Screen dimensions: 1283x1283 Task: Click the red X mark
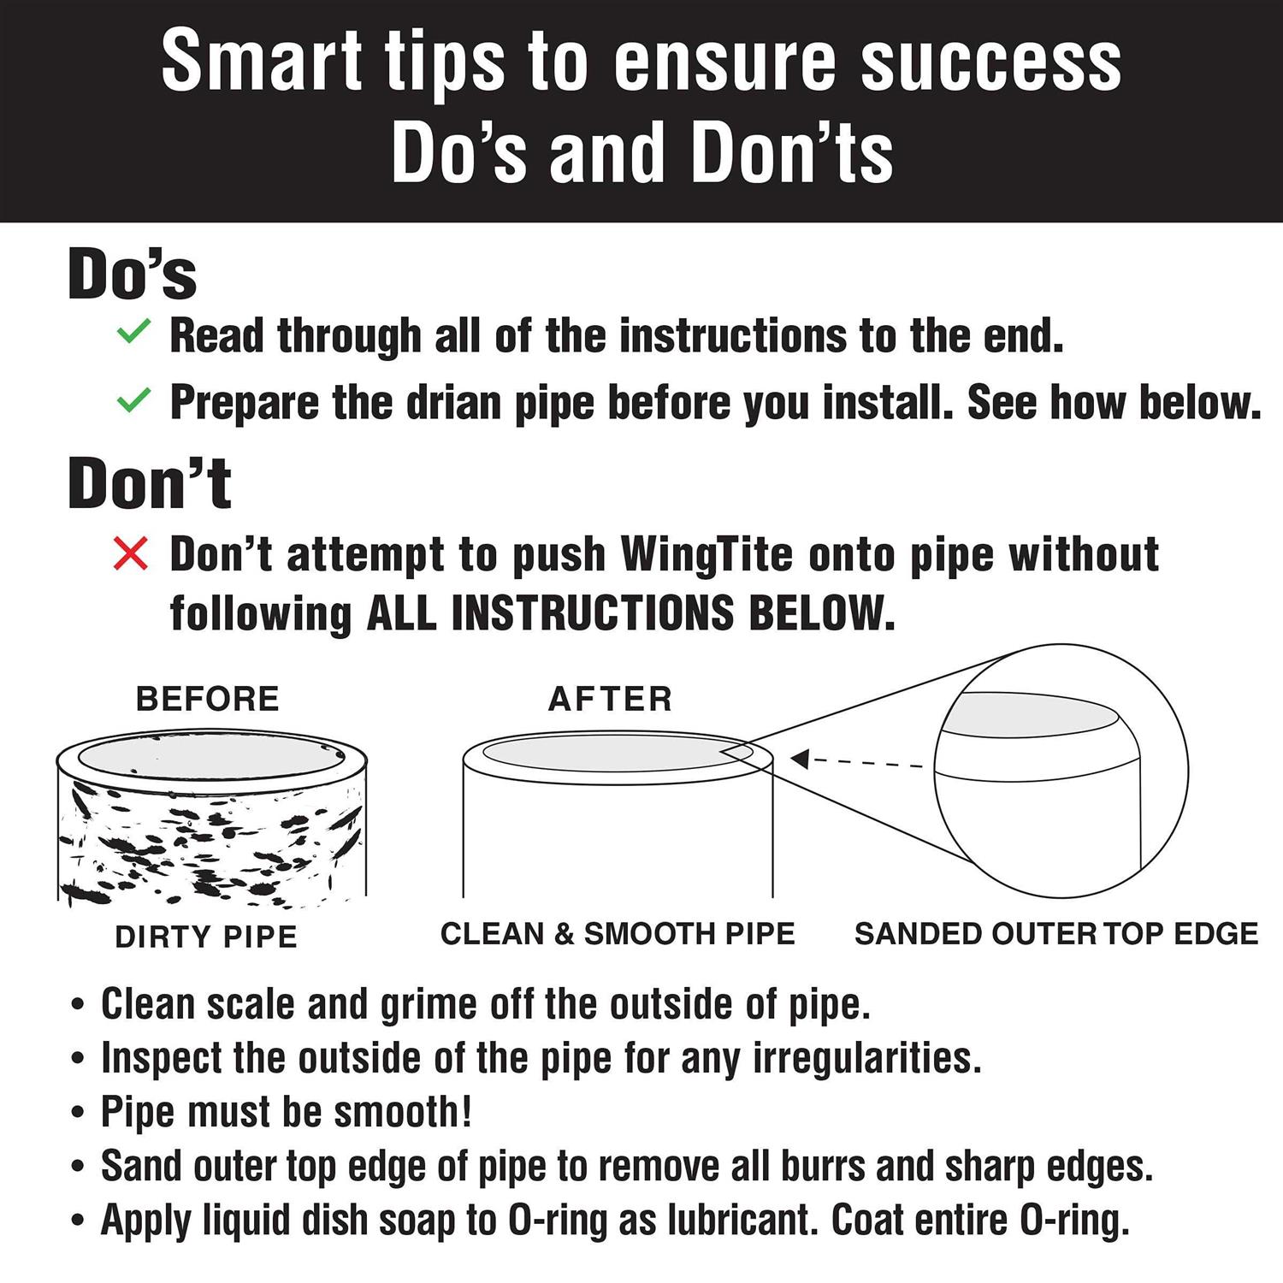(x=131, y=554)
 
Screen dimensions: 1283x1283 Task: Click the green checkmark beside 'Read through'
(x=133, y=332)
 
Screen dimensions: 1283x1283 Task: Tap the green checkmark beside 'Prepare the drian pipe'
(x=133, y=399)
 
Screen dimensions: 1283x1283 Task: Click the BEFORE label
(x=208, y=699)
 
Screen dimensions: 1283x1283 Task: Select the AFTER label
(x=610, y=699)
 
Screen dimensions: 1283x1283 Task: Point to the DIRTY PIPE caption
(x=206, y=937)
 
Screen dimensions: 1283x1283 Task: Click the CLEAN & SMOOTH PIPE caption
(x=618, y=933)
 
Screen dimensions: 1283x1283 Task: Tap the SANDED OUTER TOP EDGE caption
(x=1056, y=933)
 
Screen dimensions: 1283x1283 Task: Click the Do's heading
(x=133, y=274)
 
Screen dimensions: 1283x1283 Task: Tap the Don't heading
(x=150, y=483)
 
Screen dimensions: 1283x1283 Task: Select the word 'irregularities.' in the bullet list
(x=867, y=1059)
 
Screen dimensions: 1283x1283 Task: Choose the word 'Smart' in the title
(x=262, y=60)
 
